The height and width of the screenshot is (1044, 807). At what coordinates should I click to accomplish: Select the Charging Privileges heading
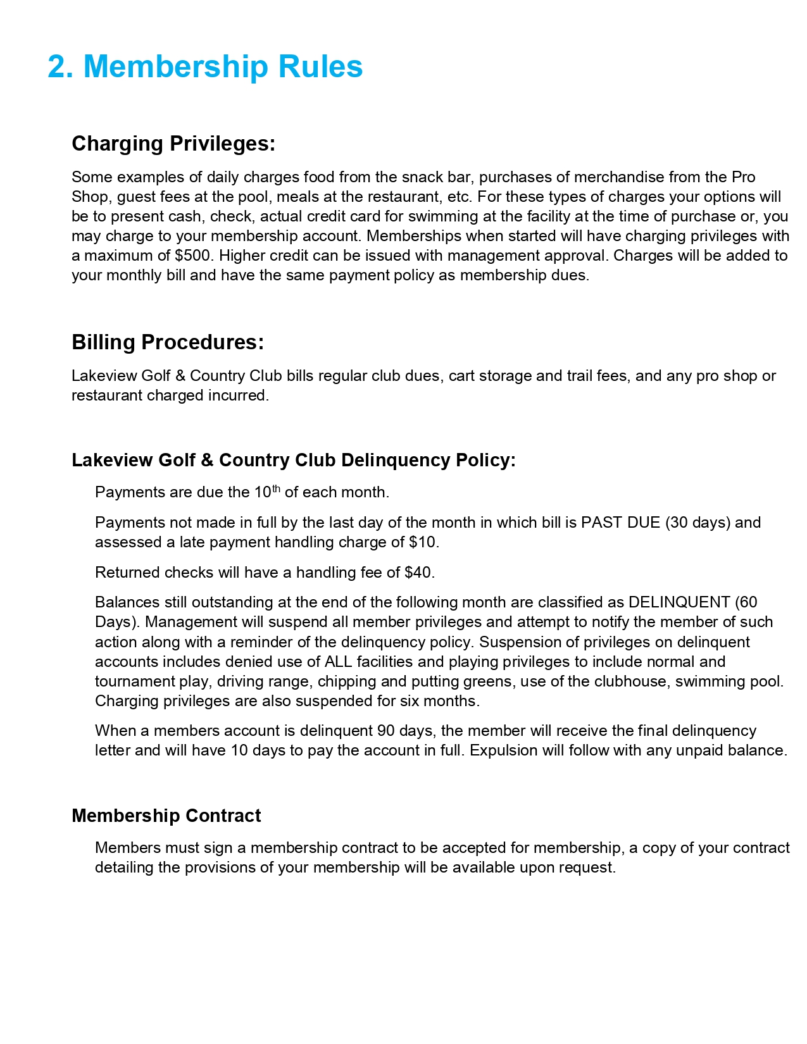coord(173,144)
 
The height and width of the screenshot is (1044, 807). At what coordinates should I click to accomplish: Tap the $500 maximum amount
coord(192,256)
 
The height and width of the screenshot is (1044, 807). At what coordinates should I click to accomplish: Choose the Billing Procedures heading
coord(168,342)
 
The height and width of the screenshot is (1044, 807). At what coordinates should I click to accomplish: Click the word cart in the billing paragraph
coord(461,376)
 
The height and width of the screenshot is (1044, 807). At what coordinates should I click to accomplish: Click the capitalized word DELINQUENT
coord(679,602)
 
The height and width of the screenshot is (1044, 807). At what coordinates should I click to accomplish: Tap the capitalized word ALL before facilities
coord(338,662)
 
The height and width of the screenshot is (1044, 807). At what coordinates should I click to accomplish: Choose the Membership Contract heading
coord(166,816)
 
